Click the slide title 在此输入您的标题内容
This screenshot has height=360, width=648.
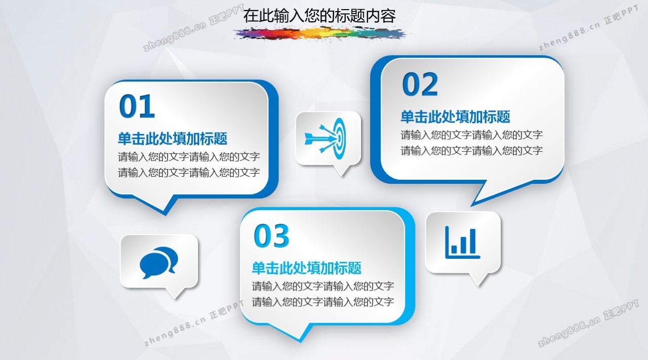click(319, 16)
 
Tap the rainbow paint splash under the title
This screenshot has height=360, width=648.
click(321, 33)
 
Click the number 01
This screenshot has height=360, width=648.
click(137, 106)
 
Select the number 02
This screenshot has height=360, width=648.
click(420, 84)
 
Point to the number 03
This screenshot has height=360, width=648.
click(271, 235)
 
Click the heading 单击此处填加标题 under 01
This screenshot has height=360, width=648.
click(173, 139)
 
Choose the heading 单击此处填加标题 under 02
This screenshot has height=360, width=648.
click(455, 117)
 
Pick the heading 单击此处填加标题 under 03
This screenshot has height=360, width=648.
click(307, 268)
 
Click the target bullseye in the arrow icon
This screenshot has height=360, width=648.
click(340, 138)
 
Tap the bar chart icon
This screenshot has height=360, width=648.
click(462, 243)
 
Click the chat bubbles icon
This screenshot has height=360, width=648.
click(158, 262)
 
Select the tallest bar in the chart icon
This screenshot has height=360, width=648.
click(472, 241)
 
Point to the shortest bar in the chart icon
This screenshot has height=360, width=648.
click(454, 249)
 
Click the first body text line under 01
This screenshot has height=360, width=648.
click(189, 157)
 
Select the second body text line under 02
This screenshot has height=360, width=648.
click(471, 151)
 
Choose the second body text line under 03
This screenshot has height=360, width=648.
click(323, 302)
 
